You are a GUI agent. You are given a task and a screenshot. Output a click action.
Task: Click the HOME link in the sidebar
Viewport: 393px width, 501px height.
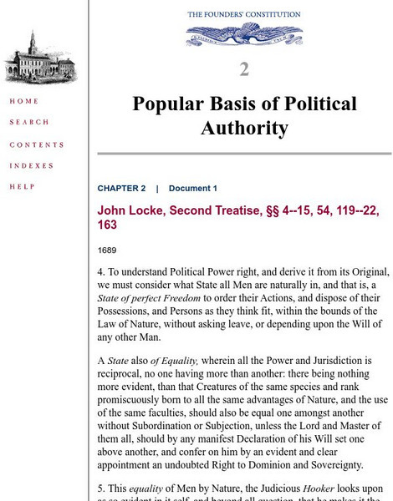[x=23, y=102]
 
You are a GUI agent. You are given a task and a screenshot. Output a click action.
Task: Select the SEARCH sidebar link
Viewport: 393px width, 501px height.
[x=29, y=123]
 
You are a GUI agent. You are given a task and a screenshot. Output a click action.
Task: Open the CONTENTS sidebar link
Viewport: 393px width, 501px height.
[x=37, y=144]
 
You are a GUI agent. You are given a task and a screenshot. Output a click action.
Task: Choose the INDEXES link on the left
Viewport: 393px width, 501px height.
[x=32, y=165]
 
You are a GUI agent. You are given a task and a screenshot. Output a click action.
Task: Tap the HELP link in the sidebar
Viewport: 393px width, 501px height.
[x=22, y=186]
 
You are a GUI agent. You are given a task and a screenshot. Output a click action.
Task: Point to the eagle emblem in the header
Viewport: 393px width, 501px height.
[x=243, y=34]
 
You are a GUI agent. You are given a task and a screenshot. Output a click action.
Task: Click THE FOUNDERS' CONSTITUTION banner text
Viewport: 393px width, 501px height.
[x=243, y=14]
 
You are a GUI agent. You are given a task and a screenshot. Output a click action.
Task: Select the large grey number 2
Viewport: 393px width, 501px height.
[x=243, y=68]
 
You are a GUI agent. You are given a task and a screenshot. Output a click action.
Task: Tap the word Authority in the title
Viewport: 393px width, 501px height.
[x=244, y=128]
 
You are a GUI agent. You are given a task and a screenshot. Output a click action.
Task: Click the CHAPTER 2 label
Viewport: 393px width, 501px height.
[x=121, y=189]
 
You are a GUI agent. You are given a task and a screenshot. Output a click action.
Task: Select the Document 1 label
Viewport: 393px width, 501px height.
[x=192, y=189]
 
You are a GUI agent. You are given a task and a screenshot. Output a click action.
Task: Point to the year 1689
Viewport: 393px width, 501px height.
[x=107, y=250]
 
